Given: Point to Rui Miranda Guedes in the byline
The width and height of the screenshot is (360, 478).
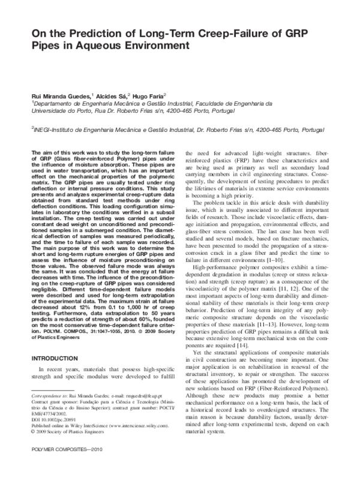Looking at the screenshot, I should pyautogui.click(x=55, y=95).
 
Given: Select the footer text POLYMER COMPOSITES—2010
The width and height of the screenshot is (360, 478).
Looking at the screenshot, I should pyautogui.click(x=65, y=465).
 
